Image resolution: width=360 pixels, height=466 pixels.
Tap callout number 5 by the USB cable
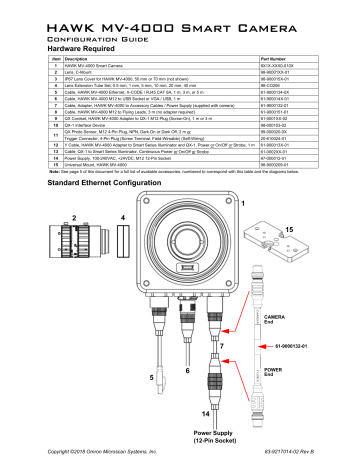(152, 378)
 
